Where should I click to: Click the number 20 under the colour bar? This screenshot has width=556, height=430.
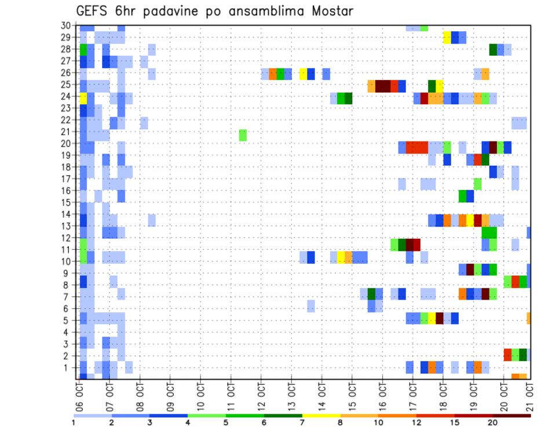coord(493,423)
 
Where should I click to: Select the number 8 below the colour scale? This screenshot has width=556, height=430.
coord(340,423)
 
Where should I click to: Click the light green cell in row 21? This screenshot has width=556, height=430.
coord(243,135)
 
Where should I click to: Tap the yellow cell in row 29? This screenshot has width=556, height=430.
coord(447,38)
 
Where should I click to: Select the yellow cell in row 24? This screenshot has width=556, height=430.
coord(83,98)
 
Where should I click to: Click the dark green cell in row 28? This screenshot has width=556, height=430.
coord(493,50)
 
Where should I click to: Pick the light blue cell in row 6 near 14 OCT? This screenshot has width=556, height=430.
coord(311,305)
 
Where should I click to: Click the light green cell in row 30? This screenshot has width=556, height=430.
coord(425,27)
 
